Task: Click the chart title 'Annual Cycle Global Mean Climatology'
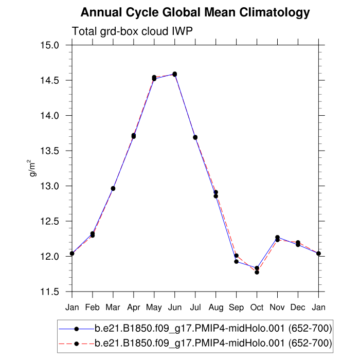pos(195,12)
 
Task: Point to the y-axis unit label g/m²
pos(32,168)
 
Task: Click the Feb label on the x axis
pos(93,308)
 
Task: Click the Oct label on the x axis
pos(257,308)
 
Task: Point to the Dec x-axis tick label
pos(298,308)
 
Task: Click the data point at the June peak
pos(175,74)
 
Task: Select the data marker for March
pos(113,188)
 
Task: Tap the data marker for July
pos(195,137)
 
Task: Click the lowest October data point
pos(257,272)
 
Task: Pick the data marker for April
pos(134,136)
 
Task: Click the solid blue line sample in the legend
pos(76,328)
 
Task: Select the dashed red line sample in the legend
pos(76,343)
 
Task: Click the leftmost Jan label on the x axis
pos(72,308)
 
